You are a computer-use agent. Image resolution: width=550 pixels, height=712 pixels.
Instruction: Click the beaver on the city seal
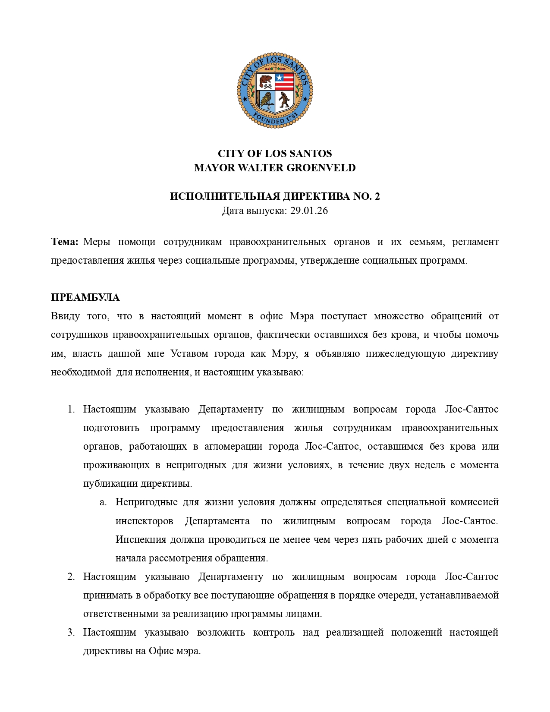[x=265, y=80]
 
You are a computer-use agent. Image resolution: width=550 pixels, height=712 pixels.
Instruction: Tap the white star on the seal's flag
[x=279, y=78]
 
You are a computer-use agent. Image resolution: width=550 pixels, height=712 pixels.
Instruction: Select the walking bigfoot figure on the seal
[x=284, y=100]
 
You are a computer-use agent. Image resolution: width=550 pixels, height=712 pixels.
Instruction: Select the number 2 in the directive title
[x=377, y=197]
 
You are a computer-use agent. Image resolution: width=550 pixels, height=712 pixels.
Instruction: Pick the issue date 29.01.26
[x=309, y=211]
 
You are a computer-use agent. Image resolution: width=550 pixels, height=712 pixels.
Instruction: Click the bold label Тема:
[x=65, y=242]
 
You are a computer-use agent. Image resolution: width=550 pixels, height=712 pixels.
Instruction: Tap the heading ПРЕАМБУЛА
[x=85, y=298]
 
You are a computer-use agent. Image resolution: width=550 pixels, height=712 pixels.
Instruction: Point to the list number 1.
[x=71, y=410]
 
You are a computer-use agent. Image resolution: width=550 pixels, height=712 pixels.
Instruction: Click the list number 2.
[x=71, y=577]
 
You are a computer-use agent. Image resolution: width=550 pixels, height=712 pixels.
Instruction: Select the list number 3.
[x=71, y=633]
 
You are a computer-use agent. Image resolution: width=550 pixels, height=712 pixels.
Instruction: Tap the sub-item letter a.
[x=103, y=502]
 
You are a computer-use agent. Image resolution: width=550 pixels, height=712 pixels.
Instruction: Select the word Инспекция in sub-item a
[x=141, y=540]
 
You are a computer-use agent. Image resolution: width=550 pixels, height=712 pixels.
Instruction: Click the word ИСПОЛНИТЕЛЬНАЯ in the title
[x=224, y=197]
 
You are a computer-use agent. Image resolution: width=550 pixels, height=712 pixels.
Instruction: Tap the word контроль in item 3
[x=273, y=633]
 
